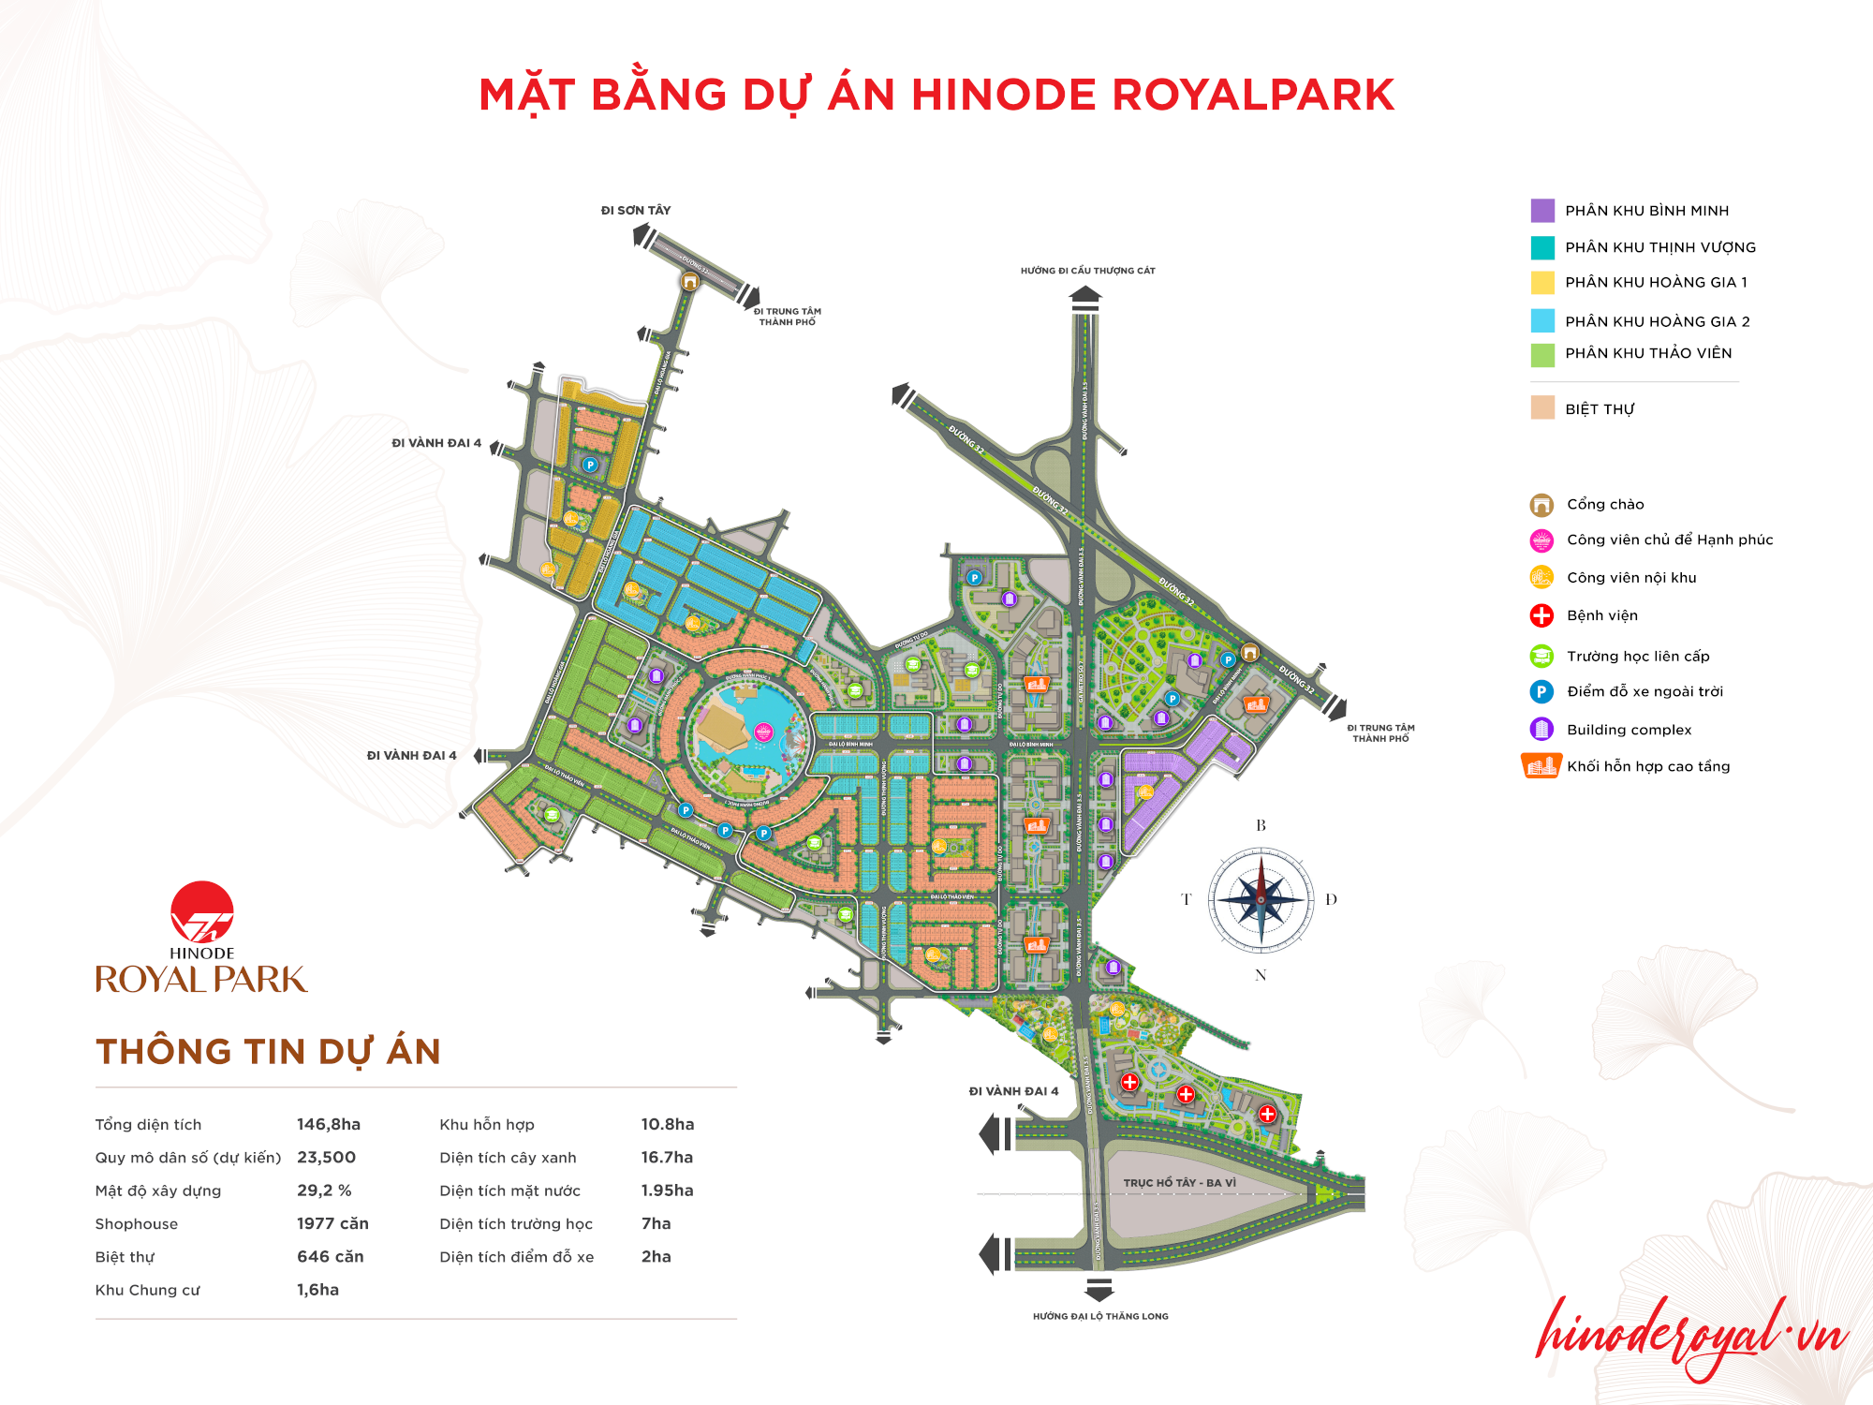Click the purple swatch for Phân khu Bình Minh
[1542, 210]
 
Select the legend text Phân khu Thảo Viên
[1648, 353]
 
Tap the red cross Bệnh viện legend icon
[1541, 615]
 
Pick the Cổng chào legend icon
[1541, 505]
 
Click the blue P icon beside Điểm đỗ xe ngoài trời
[1541, 692]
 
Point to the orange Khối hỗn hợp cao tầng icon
[1541, 766]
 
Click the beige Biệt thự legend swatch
[1542, 408]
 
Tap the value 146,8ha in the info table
[329, 1124]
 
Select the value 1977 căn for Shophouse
[332, 1223]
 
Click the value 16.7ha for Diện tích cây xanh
[667, 1157]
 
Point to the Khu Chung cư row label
[147, 1290]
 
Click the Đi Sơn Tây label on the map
[636, 211]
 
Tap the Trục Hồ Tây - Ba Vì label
[1179, 1183]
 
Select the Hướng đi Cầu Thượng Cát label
[1087, 271]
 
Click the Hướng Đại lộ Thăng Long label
[1100, 1316]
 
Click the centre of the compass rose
[1261, 900]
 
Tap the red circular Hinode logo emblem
[202, 911]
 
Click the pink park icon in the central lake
[763, 732]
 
